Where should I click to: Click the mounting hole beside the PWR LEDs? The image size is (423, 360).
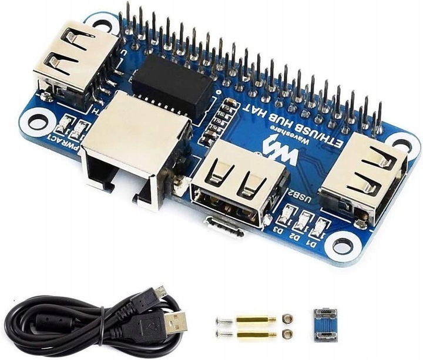coord(35,123)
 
